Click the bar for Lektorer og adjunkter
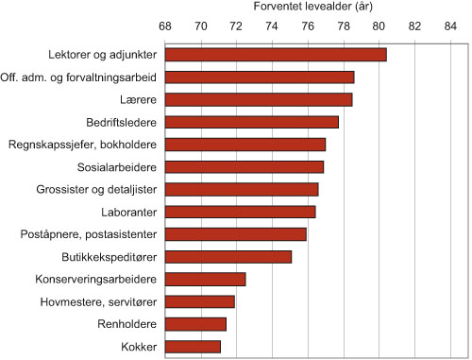click(276, 55)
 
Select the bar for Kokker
click(193, 347)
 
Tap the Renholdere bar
click(195, 324)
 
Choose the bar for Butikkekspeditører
click(228, 256)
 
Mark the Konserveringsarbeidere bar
click(206, 279)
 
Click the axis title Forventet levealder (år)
click(312, 7)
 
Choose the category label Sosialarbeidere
click(117, 167)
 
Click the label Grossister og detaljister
click(97, 189)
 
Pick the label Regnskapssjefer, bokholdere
click(82, 145)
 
